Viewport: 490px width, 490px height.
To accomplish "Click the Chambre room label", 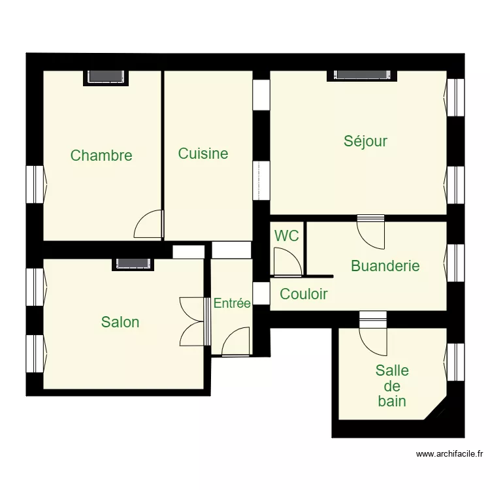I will tap(101, 155).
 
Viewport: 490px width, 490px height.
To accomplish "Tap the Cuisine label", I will tap(203, 154).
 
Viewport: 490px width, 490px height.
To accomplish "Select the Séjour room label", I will tap(366, 140).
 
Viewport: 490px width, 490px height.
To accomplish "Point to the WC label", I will tap(287, 236).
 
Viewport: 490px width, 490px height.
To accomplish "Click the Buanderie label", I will tap(385, 266).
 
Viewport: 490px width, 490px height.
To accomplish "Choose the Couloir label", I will tap(304, 294).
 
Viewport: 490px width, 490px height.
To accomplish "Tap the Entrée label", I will tap(232, 303).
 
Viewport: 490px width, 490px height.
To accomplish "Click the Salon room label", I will tap(120, 322).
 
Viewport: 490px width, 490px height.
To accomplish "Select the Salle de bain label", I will tap(392, 385).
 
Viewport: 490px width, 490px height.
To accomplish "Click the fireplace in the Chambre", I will tap(106, 76).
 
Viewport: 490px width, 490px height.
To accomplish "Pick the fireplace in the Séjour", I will tap(361, 74).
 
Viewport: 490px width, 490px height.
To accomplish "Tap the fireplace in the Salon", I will tap(133, 263).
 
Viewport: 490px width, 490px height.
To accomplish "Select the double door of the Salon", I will tap(193, 321).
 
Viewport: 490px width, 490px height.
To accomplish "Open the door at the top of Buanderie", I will tap(370, 232).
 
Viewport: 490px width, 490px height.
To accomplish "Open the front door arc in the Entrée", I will tap(236, 342).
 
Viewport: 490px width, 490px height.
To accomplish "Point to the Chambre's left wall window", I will tap(35, 184).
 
